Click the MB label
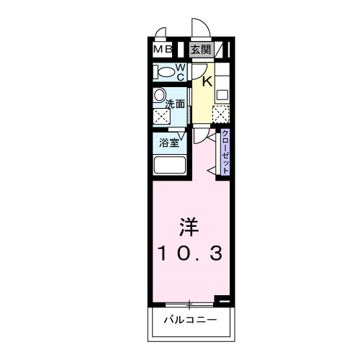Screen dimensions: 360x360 click(161, 50)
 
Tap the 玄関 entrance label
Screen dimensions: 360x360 click(200, 50)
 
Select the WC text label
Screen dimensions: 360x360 click(181, 71)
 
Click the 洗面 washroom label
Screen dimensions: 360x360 click(176, 104)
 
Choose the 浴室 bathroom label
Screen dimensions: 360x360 click(168, 142)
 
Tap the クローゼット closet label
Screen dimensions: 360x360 click(225, 152)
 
